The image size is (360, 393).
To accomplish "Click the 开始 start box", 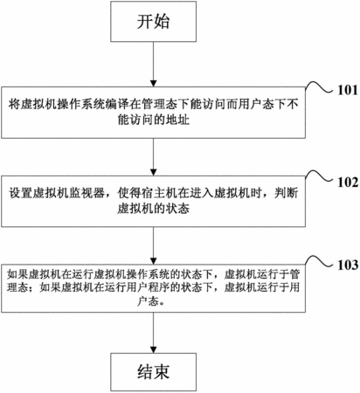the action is [x=153, y=21].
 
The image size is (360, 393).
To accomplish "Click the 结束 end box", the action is [x=153, y=372].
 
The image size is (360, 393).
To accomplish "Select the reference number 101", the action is [x=348, y=90].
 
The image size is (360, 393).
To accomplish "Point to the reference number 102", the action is [x=348, y=183].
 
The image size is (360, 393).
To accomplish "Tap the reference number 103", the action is [x=348, y=265].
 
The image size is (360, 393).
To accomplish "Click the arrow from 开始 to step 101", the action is [x=153, y=64].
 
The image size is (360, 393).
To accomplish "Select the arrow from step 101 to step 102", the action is [x=153, y=157].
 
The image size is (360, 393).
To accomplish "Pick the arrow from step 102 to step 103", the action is [x=153, y=245].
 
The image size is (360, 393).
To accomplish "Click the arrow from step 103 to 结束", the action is [x=153, y=333].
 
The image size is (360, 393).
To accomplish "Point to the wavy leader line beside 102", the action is [x=319, y=176].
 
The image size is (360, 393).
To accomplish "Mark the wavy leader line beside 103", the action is [x=319, y=261].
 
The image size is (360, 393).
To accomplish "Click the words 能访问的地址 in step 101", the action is [x=154, y=120].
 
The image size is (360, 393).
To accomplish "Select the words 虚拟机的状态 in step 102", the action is [x=154, y=209].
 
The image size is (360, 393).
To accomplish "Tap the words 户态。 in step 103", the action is [x=152, y=301].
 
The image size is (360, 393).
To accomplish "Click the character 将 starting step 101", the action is [x=14, y=105].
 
